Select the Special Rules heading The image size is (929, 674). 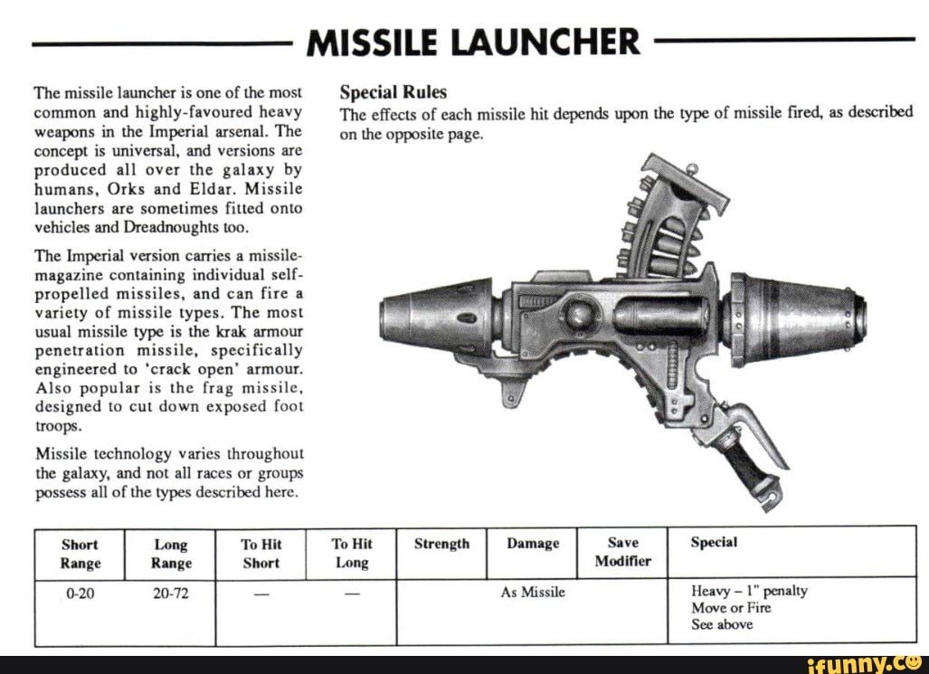(393, 92)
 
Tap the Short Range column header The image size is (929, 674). (81, 554)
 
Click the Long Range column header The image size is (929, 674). (171, 554)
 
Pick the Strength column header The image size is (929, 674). (441, 544)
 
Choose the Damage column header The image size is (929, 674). (533, 544)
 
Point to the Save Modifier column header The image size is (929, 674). (622, 552)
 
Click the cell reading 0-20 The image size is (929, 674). (81, 593)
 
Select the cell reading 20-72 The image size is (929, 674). (171, 593)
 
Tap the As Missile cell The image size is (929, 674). (533, 592)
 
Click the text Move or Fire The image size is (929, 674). (731, 608)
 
